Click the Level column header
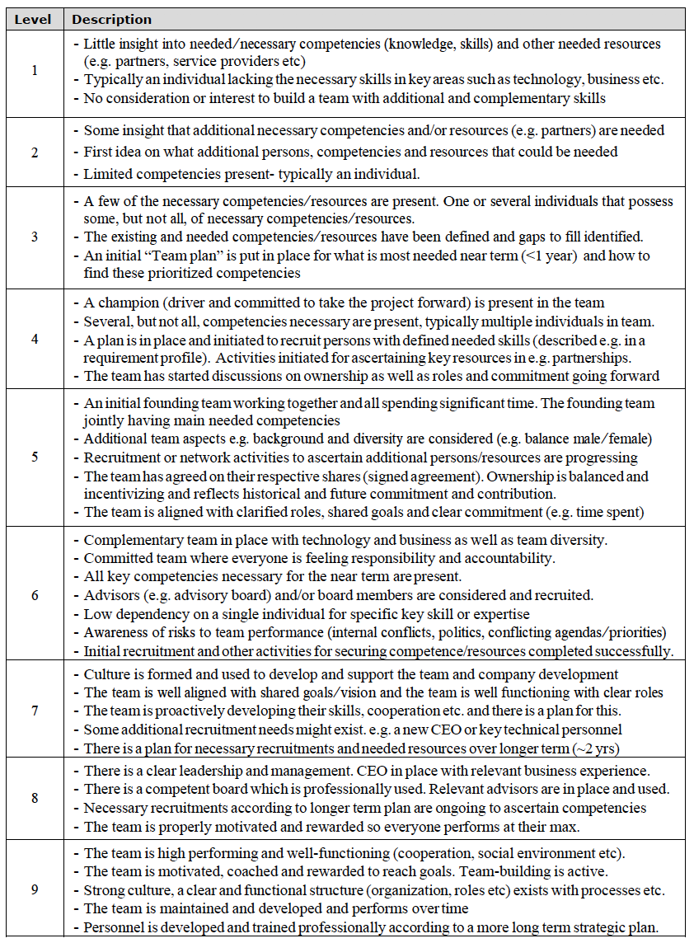click(34, 19)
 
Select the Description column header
click(111, 19)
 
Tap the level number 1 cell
click(34, 71)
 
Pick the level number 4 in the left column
click(34, 338)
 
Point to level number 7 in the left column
click(34, 710)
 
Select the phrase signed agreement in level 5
click(464, 476)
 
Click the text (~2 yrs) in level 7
click(597, 748)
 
